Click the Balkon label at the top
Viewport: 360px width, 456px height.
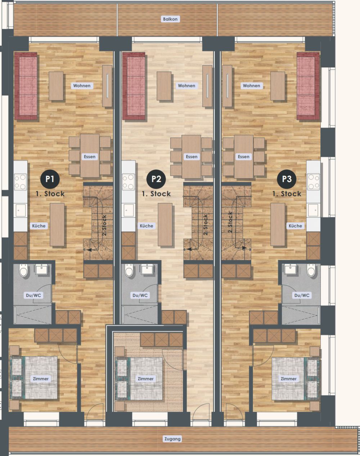tap(170, 19)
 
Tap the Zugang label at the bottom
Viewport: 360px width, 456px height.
tap(172, 439)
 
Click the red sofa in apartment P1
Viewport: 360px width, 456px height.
tap(26, 86)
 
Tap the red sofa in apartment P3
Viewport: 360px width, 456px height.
tap(308, 86)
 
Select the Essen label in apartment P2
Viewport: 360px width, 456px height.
tap(192, 157)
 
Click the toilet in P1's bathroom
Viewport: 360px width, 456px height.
tap(24, 271)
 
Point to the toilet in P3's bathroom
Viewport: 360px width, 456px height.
tap(311, 271)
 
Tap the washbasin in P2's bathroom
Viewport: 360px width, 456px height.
tap(147, 269)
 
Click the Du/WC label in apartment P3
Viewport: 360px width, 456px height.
tap(302, 295)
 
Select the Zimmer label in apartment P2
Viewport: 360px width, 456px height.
tap(146, 379)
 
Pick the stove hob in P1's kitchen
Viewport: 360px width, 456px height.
tap(20, 182)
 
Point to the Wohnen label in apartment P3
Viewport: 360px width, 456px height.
tap(251, 86)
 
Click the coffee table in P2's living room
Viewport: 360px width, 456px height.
tap(164, 86)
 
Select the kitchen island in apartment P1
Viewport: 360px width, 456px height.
tap(57, 225)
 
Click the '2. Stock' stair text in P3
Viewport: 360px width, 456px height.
tap(230, 223)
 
